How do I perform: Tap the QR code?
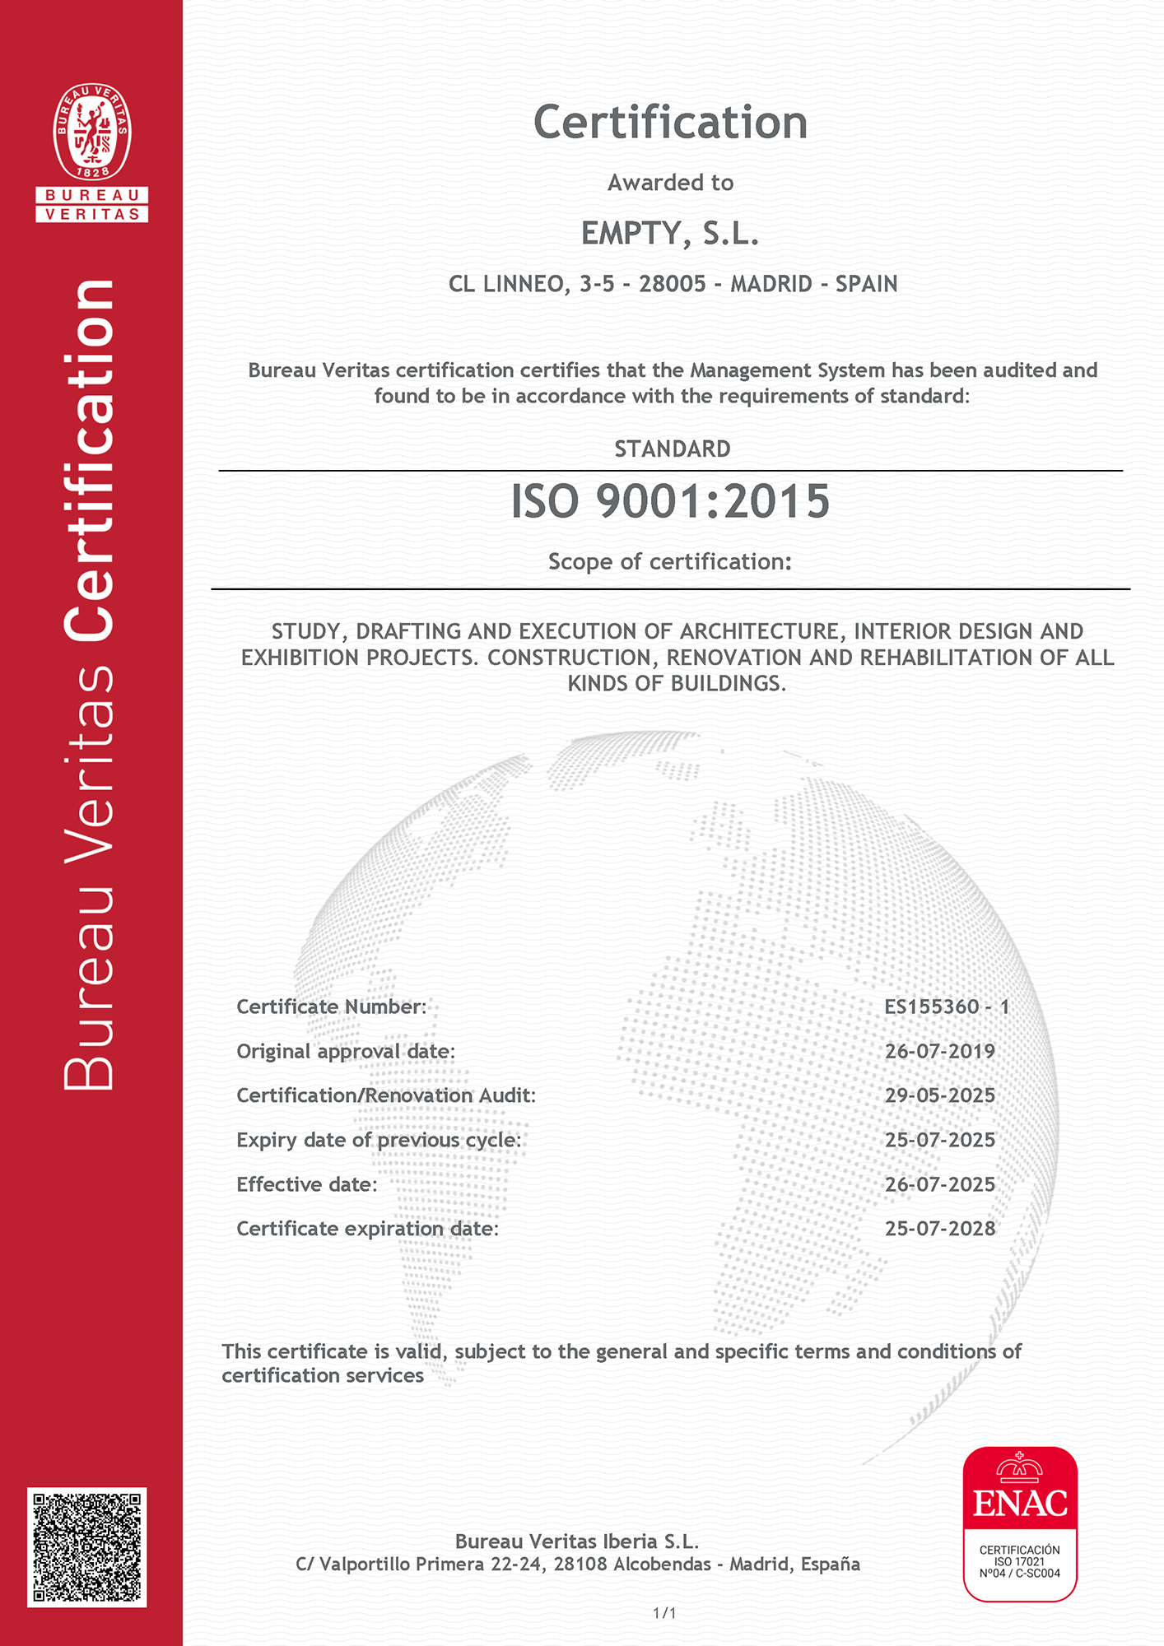pos(87,1547)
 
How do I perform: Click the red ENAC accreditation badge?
pos(1020,1523)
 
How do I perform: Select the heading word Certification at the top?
pos(670,123)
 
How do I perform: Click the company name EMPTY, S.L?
pos(670,234)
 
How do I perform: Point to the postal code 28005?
pos(673,284)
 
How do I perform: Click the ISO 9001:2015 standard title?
pos(670,501)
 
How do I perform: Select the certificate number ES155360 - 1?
pos(947,1007)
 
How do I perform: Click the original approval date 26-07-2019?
pos(940,1051)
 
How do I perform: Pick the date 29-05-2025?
pos(940,1095)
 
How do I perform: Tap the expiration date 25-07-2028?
pos(940,1229)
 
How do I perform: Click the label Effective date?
pos(307,1184)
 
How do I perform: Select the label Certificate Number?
pos(332,1007)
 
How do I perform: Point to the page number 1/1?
pos(664,1613)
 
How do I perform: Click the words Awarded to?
pos(670,183)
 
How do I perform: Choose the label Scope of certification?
pos(670,561)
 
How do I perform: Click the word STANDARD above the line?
pos(673,449)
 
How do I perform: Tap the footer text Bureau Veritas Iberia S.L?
pos(577,1541)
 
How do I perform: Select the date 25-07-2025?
pos(940,1140)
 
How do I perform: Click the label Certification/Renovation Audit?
pos(386,1095)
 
